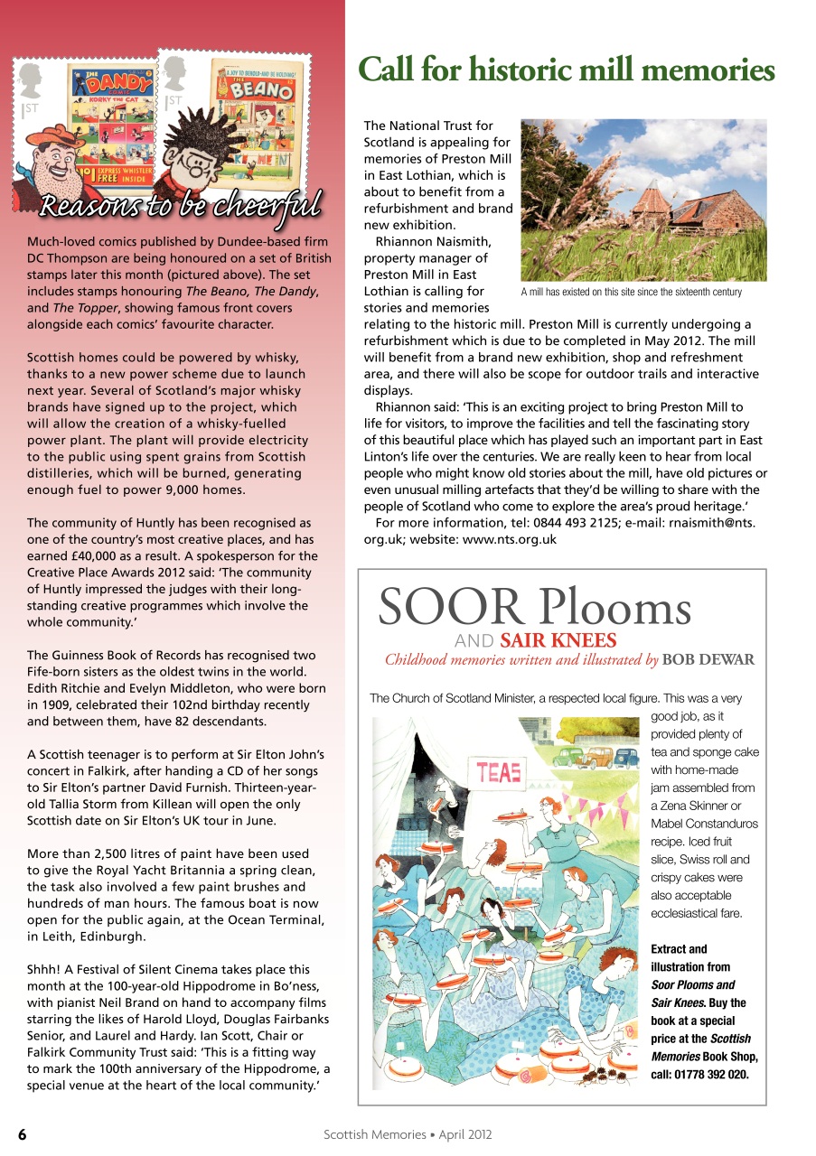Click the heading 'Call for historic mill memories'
coord(567,70)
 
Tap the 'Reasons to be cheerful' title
coord(181,205)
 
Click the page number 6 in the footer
coord(22,1134)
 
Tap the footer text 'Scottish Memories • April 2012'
coord(408,1134)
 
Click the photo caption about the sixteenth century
coord(631,292)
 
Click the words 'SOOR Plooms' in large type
coord(534,607)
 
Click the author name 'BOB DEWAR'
coord(708,660)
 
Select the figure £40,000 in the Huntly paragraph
coord(75,539)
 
